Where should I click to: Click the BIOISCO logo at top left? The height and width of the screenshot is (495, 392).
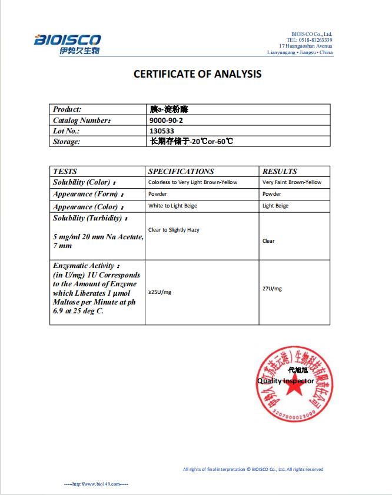(x=67, y=44)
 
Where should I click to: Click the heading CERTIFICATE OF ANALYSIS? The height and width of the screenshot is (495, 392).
(x=198, y=74)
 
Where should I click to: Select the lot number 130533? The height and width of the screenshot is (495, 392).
(x=162, y=131)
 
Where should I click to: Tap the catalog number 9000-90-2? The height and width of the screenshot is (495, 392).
(x=167, y=120)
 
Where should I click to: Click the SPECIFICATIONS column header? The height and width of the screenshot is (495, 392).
(x=181, y=172)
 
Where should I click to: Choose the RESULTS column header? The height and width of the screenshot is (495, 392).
(x=280, y=172)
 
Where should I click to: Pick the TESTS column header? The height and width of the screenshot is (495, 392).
(x=65, y=172)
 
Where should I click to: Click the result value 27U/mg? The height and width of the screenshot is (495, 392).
(x=272, y=289)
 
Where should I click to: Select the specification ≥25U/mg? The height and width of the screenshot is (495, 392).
(x=160, y=292)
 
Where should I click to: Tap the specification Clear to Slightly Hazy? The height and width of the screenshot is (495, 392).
(x=174, y=230)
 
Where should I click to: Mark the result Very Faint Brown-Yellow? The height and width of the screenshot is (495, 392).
(x=292, y=182)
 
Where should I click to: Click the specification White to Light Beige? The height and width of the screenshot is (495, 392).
(x=172, y=206)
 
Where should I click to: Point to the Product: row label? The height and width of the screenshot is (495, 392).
(x=67, y=109)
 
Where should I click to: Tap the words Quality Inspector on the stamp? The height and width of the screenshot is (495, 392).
(x=285, y=381)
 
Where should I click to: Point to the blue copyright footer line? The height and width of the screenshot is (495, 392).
(x=253, y=469)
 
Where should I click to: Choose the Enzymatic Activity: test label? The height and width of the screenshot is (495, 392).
(x=87, y=266)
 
